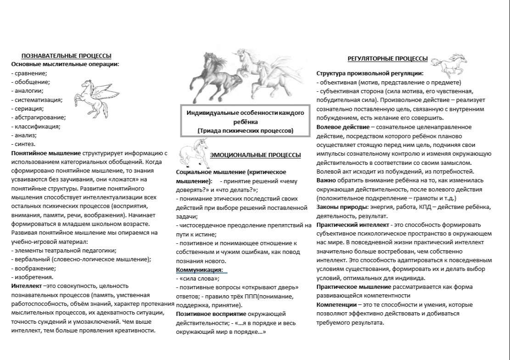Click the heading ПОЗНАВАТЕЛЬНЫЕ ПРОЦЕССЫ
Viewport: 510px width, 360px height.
(x=67, y=56)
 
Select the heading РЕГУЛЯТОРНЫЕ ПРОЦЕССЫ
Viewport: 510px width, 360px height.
(x=387, y=59)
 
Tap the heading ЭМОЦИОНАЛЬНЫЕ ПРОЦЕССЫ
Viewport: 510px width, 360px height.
(x=255, y=155)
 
